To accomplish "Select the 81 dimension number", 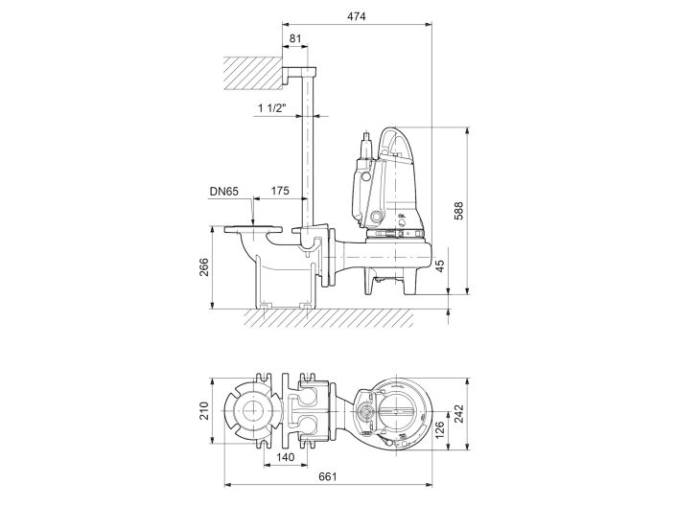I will click(295, 39).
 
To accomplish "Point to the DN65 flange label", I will click(224, 192).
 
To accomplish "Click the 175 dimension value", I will click(279, 192).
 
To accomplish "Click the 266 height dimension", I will click(202, 268).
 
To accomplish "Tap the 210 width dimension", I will click(202, 413).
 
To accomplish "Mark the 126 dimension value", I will click(440, 426).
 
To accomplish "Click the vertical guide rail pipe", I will click(313, 153).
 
